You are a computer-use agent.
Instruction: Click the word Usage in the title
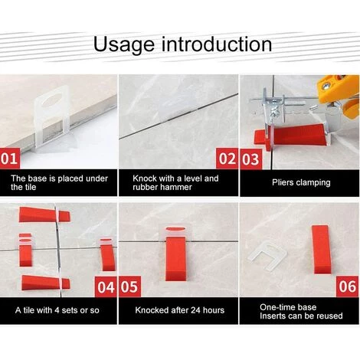pos(124,44)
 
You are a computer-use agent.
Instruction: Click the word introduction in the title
pos(217,44)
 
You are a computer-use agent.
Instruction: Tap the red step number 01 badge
pos(10,159)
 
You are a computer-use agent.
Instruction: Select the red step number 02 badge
pos(227,159)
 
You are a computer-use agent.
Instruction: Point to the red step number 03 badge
pos(250,159)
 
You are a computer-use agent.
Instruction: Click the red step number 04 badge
pos(106,286)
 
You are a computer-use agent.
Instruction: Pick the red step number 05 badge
pos(129,286)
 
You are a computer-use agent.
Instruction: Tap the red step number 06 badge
pos(348,286)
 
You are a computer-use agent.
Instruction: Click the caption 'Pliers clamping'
pos(301,182)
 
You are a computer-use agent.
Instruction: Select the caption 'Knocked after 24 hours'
pos(180,310)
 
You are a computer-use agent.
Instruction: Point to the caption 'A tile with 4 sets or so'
pos(57,310)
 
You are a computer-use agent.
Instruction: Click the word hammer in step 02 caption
pos(176,187)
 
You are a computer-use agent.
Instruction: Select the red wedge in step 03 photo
pos(291,136)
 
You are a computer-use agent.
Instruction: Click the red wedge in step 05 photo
pos(175,258)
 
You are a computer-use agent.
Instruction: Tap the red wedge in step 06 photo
pos(321,249)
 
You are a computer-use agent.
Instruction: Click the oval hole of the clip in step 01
pos(53,100)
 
